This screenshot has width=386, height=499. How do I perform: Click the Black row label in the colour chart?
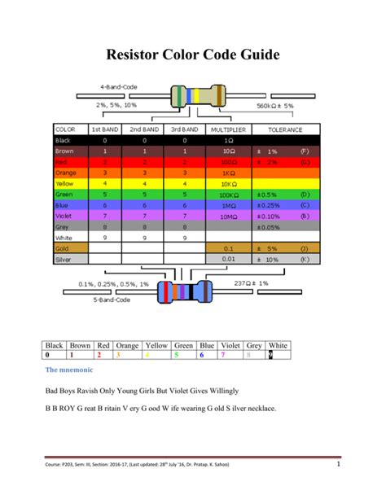pos(64,140)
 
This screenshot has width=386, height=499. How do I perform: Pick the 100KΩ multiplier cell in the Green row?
pos(228,195)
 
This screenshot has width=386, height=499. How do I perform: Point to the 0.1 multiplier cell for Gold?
pos(228,247)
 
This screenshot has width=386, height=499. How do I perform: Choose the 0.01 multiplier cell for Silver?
pos(228,259)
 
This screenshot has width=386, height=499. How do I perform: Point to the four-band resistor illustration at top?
pos(195,97)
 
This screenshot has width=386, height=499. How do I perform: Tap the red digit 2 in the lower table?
pos(99,356)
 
